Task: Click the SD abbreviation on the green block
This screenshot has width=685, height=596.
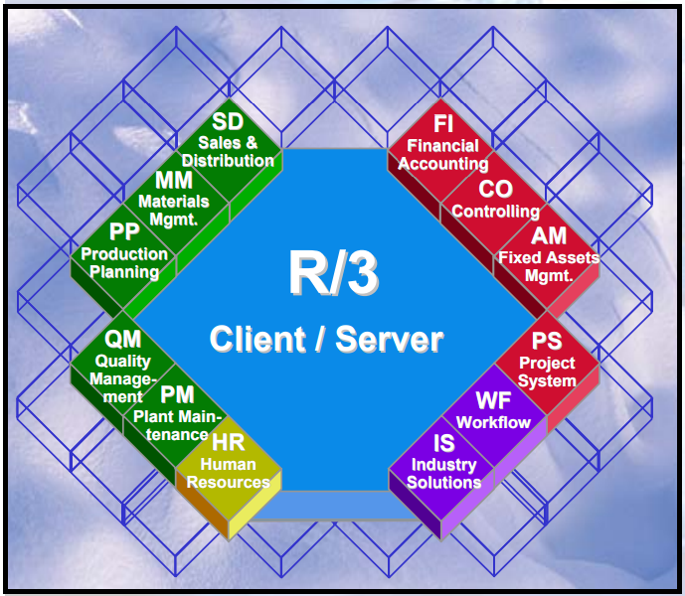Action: (227, 122)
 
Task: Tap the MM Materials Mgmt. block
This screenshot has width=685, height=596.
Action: (174, 199)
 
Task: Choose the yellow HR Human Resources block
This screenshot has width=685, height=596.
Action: (228, 463)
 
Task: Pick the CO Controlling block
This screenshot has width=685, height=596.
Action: (495, 199)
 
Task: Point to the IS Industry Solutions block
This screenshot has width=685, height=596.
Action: (443, 463)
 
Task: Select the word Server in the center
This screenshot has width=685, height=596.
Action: (390, 340)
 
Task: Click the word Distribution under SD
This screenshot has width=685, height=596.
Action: (228, 160)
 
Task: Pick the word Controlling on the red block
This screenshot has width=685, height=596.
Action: (495, 212)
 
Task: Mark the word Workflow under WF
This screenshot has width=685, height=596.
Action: (493, 423)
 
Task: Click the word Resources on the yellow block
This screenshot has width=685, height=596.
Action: (228, 482)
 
